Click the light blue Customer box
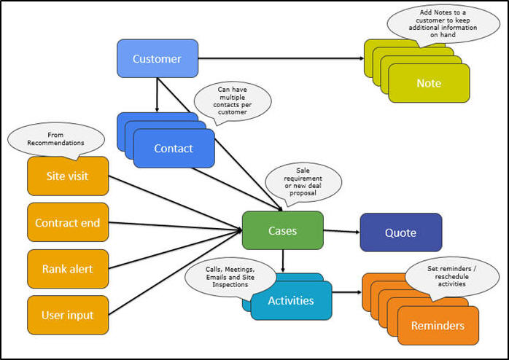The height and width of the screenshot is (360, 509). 157,58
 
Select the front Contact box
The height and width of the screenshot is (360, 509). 174,148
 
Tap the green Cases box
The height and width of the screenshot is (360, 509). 282,230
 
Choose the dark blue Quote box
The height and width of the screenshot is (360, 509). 400,232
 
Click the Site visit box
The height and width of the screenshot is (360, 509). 67,176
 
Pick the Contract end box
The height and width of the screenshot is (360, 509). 67,222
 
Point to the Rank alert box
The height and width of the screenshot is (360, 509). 67,268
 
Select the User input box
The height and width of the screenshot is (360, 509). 67,315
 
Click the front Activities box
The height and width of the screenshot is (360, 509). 291,300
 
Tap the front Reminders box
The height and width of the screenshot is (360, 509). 438,325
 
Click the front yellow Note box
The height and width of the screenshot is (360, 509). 429,83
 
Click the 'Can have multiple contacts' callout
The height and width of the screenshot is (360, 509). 233,101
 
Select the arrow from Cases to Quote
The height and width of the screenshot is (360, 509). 341,231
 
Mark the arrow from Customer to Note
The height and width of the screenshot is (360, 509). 281,58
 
